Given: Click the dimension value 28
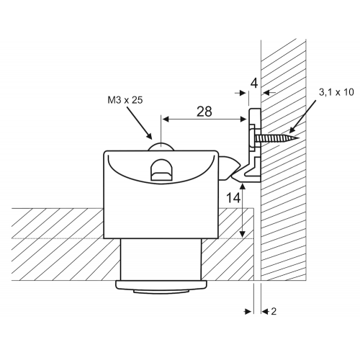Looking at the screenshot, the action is [x=204, y=112].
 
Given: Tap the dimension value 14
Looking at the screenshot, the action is [x=233, y=198].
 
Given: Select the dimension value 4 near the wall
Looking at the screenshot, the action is [x=254, y=84].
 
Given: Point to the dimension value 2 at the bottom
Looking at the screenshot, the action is [x=274, y=312].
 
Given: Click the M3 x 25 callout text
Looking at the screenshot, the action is [x=125, y=100].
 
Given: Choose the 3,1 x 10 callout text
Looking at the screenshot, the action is [x=336, y=92].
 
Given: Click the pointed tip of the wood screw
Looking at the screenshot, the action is [x=299, y=138].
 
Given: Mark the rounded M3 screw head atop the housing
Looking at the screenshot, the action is [x=161, y=147].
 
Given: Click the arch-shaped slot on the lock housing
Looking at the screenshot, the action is [x=161, y=169].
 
